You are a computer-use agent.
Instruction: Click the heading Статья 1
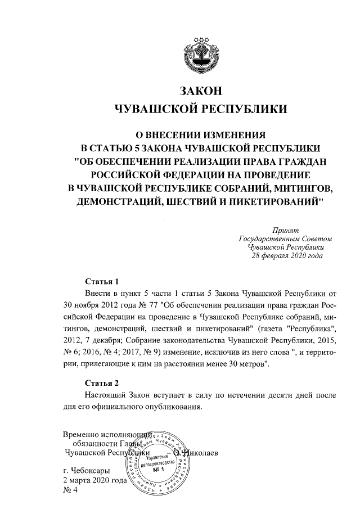click(x=102, y=281)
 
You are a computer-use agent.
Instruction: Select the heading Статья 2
click(x=102, y=384)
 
